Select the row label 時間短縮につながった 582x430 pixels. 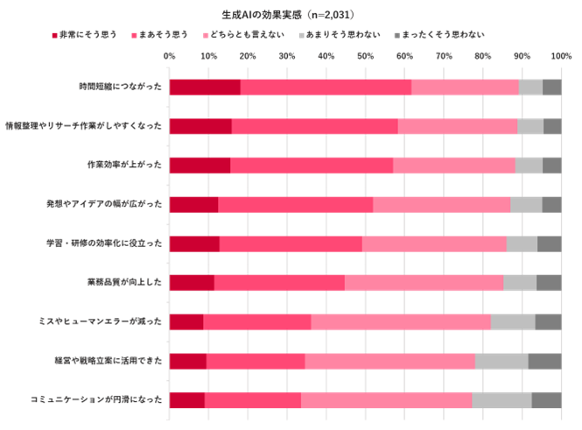[x=120, y=87]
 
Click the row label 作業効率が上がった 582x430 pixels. [x=126, y=166]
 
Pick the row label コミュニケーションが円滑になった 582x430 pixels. [x=109, y=400]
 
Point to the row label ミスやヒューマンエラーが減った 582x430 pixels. [x=112, y=322]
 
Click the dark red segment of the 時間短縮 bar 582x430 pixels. [x=205, y=87]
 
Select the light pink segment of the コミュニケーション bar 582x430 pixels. [x=386, y=400]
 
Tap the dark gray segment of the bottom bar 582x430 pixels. [x=546, y=400]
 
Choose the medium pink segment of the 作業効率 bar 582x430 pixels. [x=312, y=166]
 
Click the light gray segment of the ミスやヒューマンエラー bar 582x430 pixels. [x=513, y=321]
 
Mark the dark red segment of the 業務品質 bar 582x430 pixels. [x=192, y=282]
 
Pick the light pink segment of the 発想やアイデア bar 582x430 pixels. [x=441, y=204]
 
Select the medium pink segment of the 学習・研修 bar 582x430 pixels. [x=291, y=243]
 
